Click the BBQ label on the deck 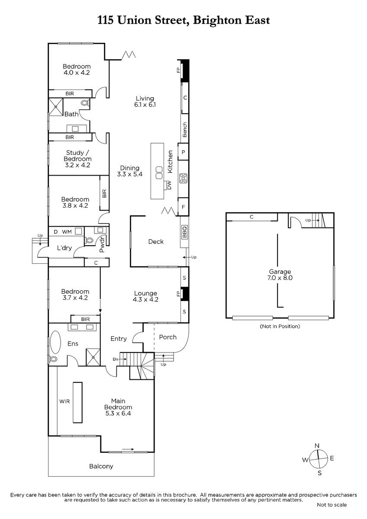(184, 231)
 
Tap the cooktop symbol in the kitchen (183, 178)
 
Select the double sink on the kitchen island (159, 173)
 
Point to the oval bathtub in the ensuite (55, 342)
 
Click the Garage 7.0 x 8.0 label (280, 275)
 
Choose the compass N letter (317, 445)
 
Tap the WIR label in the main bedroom (64, 401)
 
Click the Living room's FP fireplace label (178, 70)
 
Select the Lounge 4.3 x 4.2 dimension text (145, 299)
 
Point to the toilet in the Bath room (85, 103)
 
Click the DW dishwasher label (169, 185)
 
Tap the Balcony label (101, 466)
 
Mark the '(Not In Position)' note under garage (280, 326)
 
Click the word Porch (167, 337)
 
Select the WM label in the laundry (67, 232)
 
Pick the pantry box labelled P (183, 152)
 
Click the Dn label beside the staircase (116, 359)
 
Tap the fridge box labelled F (183, 207)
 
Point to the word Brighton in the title (218, 20)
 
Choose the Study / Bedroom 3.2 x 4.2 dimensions (77, 165)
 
